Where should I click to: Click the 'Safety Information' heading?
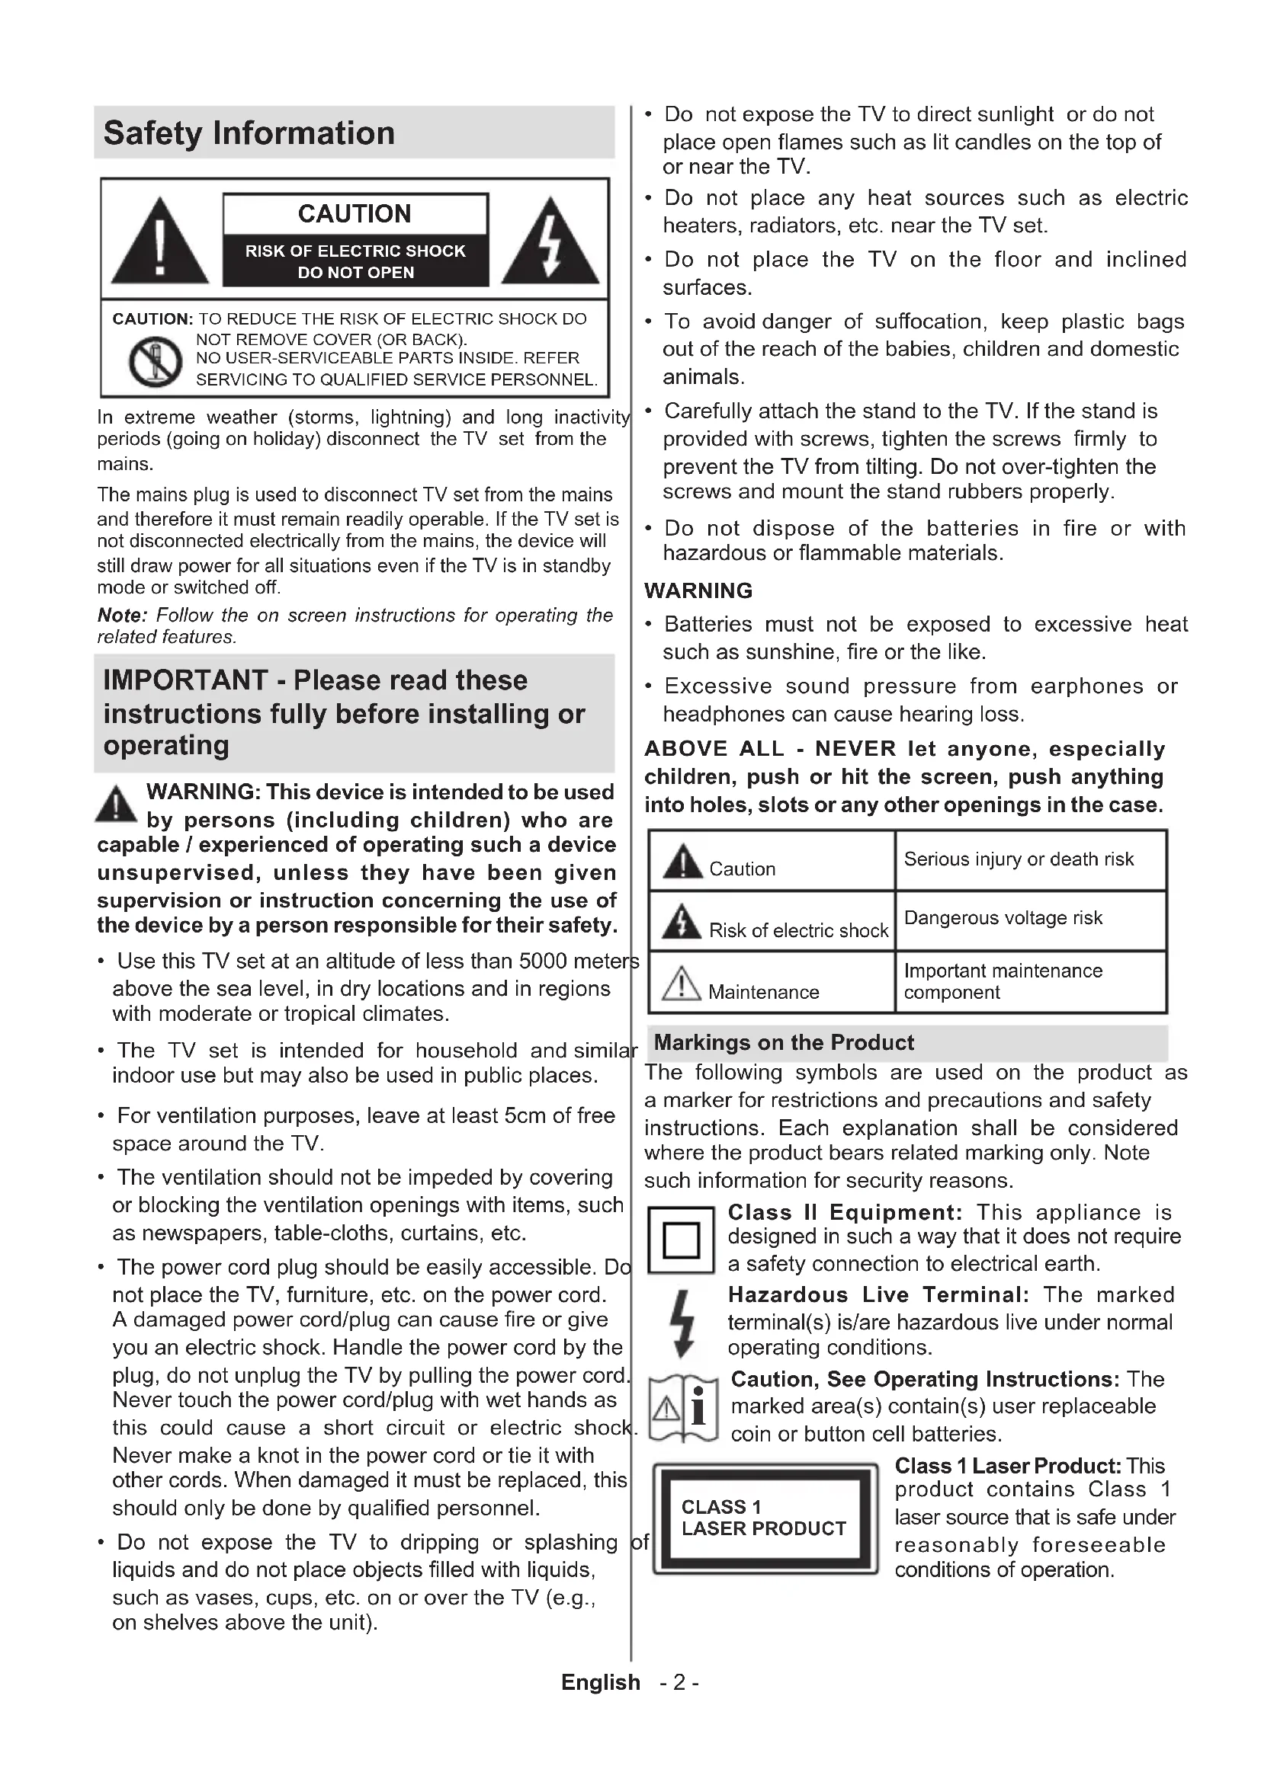click(x=249, y=133)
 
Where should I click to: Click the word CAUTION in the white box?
click(x=355, y=214)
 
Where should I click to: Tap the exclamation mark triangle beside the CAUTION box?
click(x=160, y=242)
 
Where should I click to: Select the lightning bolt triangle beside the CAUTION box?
click(x=550, y=242)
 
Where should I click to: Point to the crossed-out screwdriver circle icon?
click(x=156, y=362)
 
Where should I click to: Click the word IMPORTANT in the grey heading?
click(x=184, y=680)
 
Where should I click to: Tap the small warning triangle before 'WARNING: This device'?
click(x=116, y=805)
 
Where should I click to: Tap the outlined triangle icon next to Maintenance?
click(x=681, y=984)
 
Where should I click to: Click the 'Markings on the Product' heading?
click(x=784, y=1042)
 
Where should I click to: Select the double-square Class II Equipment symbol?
click(x=681, y=1240)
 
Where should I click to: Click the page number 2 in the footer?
click(x=679, y=1683)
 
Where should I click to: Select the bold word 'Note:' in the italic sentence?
click(x=122, y=616)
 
